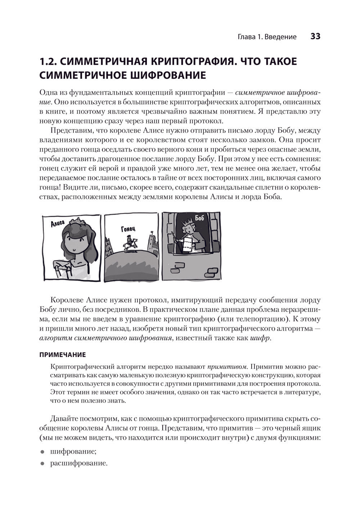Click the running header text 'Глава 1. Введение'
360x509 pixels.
point(267,37)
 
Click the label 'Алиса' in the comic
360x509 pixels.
point(58,224)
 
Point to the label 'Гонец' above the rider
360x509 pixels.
point(128,228)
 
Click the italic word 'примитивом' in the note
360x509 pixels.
point(228,367)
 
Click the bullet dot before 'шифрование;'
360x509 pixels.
point(42,452)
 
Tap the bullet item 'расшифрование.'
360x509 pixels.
point(79,463)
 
